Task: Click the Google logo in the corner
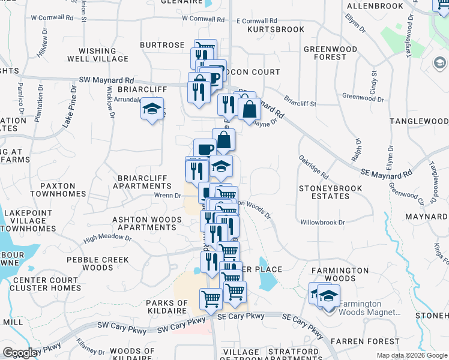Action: (x=20, y=353)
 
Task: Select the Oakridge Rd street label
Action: (x=314, y=167)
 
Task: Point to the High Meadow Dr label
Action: (x=108, y=238)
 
